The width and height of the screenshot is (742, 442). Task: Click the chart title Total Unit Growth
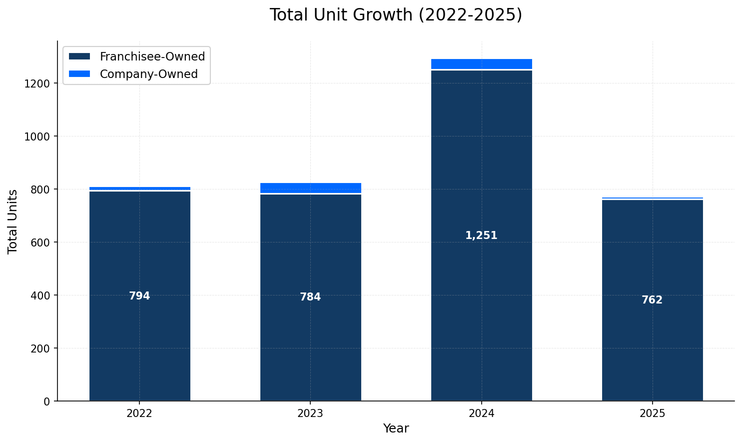tap(396, 15)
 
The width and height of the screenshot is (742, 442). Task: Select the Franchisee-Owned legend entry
tap(152, 56)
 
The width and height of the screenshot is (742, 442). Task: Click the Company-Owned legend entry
tap(148, 74)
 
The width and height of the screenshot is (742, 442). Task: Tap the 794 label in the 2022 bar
tap(139, 296)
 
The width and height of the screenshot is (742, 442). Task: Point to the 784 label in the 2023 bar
tap(310, 297)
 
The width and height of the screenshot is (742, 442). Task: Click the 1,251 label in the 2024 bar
tap(481, 235)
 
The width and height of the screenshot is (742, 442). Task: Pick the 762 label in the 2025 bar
tap(652, 300)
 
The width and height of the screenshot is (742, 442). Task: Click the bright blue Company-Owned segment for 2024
tap(481, 63)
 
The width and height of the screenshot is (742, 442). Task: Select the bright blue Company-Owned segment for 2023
tap(310, 187)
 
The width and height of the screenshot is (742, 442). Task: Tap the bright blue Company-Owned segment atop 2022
tap(139, 188)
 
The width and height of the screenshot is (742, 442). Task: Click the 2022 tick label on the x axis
tap(139, 413)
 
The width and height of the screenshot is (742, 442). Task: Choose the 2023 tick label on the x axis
tap(310, 413)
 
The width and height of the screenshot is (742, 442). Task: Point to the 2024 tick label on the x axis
tap(481, 413)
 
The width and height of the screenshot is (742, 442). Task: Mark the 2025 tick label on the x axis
tap(652, 413)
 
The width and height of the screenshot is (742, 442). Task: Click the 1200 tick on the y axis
tap(37, 83)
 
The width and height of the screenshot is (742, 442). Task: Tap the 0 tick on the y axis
tap(47, 401)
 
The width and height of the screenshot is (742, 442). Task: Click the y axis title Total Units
tap(13, 221)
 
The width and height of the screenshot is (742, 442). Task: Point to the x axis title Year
tap(396, 428)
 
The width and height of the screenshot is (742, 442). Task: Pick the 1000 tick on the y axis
tap(37, 136)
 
